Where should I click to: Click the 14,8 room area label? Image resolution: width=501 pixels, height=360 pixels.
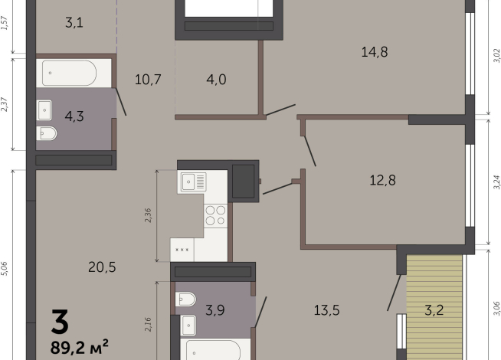(x=375, y=52)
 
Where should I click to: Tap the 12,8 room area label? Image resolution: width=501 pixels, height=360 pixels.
(x=382, y=180)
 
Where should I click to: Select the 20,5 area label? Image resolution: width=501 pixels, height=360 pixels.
(x=102, y=267)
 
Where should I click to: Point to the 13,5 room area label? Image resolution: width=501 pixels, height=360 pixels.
(x=326, y=310)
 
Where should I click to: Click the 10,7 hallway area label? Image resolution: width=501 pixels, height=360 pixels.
(x=148, y=79)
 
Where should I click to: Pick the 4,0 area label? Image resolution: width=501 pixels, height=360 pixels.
(x=216, y=79)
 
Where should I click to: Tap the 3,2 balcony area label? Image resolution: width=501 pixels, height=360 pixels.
(x=434, y=310)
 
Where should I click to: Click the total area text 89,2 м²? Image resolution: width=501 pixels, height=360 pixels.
(x=79, y=347)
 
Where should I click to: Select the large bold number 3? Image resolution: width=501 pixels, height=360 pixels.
(x=60, y=322)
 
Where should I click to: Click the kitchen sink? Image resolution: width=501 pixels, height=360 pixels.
(x=193, y=182)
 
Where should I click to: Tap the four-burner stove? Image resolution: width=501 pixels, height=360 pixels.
(x=216, y=215)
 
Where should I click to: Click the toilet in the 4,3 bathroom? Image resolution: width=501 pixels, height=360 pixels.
(x=47, y=133)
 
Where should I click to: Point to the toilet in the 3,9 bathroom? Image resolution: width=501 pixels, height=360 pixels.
(x=185, y=299)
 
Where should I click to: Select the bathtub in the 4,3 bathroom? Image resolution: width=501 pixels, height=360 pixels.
(x=69, y=73)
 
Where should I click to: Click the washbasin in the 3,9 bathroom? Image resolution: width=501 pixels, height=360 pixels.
(x=188, y=326)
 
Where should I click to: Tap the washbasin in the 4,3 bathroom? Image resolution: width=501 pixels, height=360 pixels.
(x=44, y=110)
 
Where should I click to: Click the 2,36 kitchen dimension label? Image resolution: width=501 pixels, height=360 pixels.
(x=148, y=215)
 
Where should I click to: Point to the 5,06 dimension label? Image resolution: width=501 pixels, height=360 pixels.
(x=4, y=268)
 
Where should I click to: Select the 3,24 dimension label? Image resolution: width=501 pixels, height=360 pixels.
(x=496, y=182)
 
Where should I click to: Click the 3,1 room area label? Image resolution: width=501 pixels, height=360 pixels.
(x=74, y=23)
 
